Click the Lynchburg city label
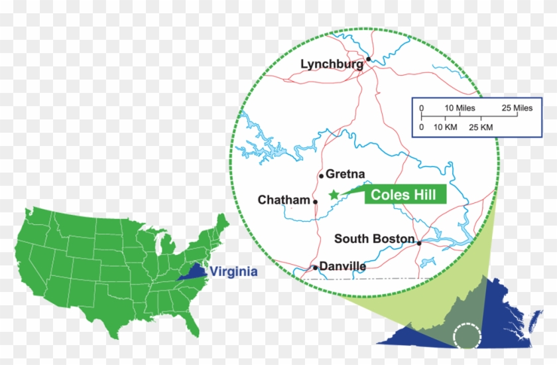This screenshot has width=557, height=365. coord(332,64)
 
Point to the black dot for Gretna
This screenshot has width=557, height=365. coord(321,176)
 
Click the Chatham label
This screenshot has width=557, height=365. coord(284,200)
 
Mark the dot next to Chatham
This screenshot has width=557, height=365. coord(314,200)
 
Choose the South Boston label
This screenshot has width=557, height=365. coord(374,239)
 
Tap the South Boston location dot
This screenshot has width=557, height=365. coord(419,243)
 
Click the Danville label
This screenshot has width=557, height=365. coord(342,266)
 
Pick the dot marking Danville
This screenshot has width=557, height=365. coord(315,268)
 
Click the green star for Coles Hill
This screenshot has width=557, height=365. coord(334,194)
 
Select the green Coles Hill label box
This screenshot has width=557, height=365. coord(404,194)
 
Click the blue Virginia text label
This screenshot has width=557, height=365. coord(233,272)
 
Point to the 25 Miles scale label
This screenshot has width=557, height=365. coord(517,108)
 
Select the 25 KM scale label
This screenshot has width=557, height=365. coord(481,126)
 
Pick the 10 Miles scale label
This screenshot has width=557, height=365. coord(460,108)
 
